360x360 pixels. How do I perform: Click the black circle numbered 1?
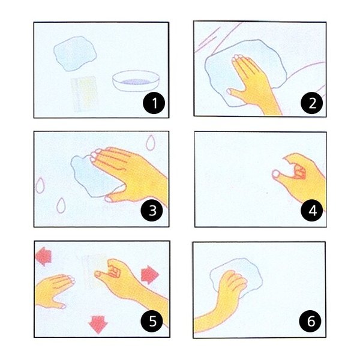point(154,103)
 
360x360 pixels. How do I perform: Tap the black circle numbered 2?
point(312,103)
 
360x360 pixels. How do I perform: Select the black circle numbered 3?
point(152,210)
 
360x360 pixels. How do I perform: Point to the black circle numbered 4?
point(312,211)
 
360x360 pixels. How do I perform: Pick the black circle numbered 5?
point(152,320)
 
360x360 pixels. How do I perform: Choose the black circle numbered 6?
point(310,321)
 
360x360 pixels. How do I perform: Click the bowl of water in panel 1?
point(136,81)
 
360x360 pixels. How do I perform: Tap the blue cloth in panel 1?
point(75,54)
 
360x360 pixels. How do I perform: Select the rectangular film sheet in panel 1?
point(83,94)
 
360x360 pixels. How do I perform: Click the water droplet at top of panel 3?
point(151,143)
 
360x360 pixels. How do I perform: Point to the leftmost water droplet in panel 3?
point(40,185)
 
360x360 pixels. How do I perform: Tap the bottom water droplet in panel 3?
point(61,205)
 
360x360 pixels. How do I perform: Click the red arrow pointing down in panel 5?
point(98,324)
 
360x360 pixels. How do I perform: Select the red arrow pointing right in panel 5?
point(149,275)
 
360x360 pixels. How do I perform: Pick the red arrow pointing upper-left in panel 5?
point(43,256)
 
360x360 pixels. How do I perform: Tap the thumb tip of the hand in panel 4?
point(276,173)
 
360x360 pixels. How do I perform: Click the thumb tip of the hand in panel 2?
point(229,92)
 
